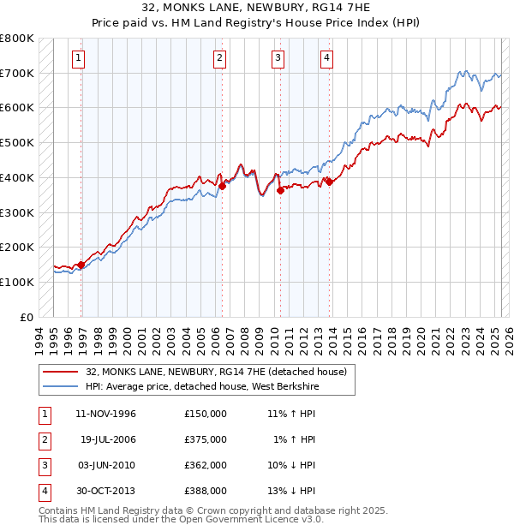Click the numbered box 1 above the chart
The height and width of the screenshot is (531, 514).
click(x=78, y=58)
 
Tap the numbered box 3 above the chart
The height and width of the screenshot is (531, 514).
click(x=278, y=58)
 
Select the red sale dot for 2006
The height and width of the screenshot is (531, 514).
click(x=222, y=185)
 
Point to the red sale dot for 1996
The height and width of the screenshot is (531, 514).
click(x=81, y=264)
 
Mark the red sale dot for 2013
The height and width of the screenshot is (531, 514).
click(x=329, y=181)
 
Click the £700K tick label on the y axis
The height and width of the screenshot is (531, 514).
click(x=17, y=74)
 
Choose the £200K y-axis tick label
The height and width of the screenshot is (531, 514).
click(x=17, y=247)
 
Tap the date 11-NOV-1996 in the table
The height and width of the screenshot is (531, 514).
click(x=106, y=414)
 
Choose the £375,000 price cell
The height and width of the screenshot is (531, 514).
click(x=205, y=439)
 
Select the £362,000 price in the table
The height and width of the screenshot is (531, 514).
click(x=205, y=465)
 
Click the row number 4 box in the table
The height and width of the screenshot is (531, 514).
click(x=43, y=491)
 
